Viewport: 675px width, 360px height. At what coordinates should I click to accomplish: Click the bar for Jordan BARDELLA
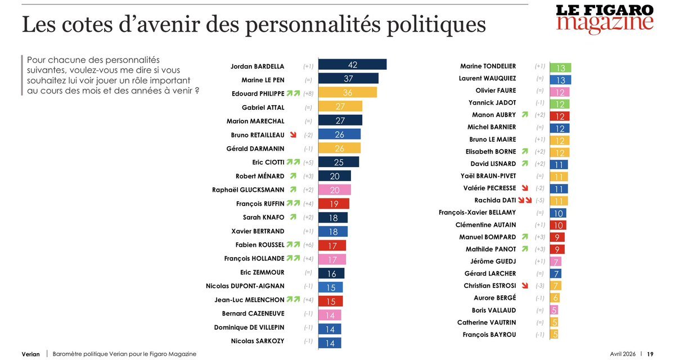pos(352,65)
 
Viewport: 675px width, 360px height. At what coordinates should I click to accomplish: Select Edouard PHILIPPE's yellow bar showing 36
pos(348,93)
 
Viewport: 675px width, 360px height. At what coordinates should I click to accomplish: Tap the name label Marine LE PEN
pos(263,79)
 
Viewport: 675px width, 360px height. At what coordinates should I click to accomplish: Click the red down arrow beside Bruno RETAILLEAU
pos(292,135)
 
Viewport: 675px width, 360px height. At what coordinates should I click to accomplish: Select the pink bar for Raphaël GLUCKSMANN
pos(335,190)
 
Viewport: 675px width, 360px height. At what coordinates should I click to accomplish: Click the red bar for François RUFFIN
pos(334,204)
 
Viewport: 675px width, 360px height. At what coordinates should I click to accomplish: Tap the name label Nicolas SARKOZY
pos(258,341)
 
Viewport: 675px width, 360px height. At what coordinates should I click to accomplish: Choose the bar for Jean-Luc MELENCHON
pos(330,300)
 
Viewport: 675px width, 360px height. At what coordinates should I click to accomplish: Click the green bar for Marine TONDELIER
pos(560,67)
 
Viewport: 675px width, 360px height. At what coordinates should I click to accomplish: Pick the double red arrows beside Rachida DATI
pos(525,200)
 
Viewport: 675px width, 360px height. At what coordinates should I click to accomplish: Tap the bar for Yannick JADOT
pos(560,103)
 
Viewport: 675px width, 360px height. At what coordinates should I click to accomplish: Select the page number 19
pos(650,354)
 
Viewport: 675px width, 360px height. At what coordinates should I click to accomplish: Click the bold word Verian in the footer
pos(31,354)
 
